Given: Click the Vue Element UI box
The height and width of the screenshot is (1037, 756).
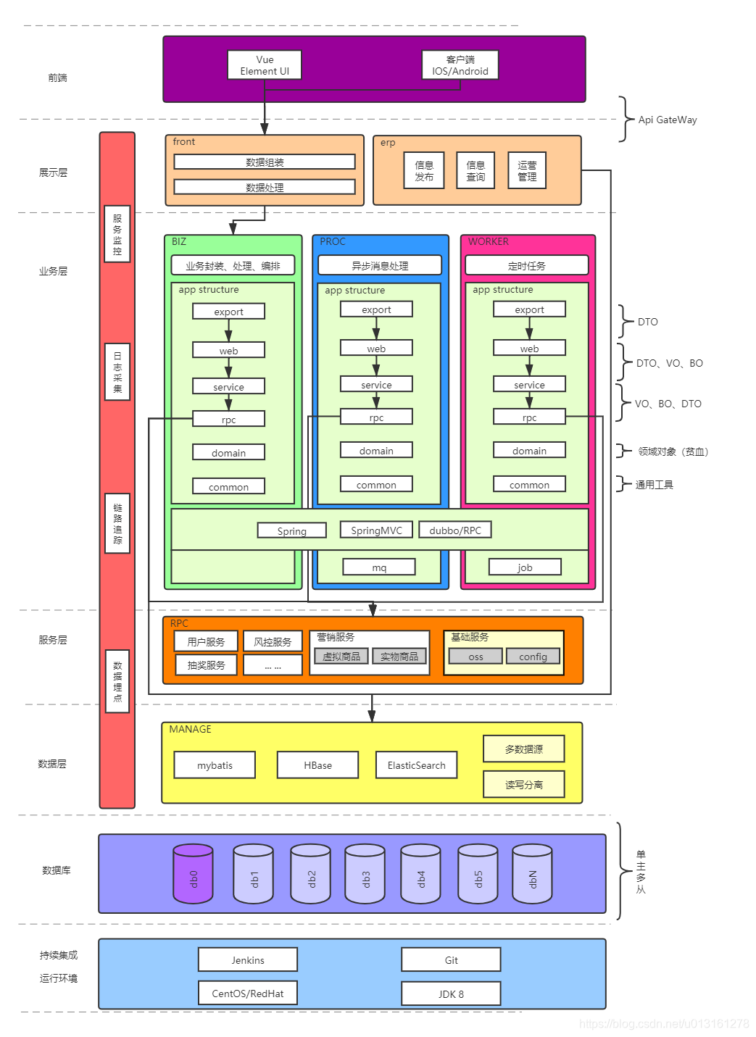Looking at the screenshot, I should tap(265, 65).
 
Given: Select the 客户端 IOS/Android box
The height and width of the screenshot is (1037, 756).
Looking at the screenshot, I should tap(460, 65).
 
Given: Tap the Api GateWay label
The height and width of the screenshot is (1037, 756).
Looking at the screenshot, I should tap(667, 120).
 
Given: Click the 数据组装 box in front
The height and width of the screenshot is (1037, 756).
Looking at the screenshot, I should tap(265, 162).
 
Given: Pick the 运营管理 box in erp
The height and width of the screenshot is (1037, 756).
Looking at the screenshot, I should tap(527, 171).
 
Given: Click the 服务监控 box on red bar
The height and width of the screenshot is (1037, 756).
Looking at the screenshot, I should tap(117, 234).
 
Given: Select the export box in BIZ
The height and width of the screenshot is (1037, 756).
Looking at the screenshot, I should tap(228, 312).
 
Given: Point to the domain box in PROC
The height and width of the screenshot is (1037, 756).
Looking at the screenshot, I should tap(376, 451).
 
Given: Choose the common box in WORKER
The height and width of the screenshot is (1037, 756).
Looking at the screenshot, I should tap(529, 485).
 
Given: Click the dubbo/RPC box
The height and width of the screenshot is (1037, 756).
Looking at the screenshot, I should tap(455, 530).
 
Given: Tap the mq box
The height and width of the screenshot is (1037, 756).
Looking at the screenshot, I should tap(379, 567).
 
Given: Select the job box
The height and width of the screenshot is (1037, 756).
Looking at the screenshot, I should tap(525, 567).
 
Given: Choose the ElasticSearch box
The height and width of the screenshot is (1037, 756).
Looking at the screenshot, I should tap(416, 765).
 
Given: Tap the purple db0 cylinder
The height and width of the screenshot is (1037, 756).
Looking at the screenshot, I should tap(193, 874).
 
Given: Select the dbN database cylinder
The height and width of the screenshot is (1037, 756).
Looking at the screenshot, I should tap(532, 874).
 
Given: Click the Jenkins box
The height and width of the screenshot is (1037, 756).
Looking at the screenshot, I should tap(248, 960).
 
